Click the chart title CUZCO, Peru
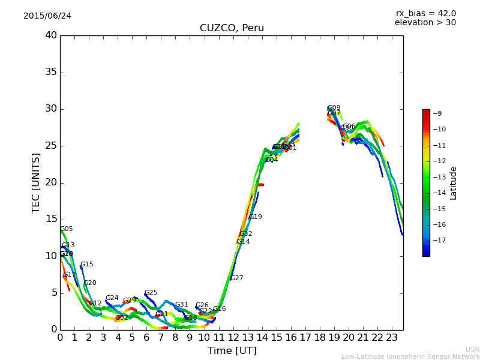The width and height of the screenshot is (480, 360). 232,28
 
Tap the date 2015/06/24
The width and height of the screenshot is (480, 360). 47,16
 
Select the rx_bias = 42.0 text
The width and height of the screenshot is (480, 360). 425,13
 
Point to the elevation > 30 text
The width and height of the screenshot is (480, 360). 425,23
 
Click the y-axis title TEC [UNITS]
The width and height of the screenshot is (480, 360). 36,182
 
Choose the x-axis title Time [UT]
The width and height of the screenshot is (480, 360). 232,351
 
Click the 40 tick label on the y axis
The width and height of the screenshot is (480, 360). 50,35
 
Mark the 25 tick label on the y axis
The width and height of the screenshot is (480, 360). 50,146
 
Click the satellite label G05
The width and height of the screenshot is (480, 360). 67,229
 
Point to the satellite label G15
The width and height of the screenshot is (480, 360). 87,265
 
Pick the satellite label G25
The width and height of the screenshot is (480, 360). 151,293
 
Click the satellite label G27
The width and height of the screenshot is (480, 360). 237,278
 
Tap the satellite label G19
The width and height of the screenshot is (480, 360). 256,217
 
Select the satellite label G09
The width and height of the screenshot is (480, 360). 334,108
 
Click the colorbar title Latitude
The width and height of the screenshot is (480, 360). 454,183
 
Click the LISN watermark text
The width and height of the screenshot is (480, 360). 472,349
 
